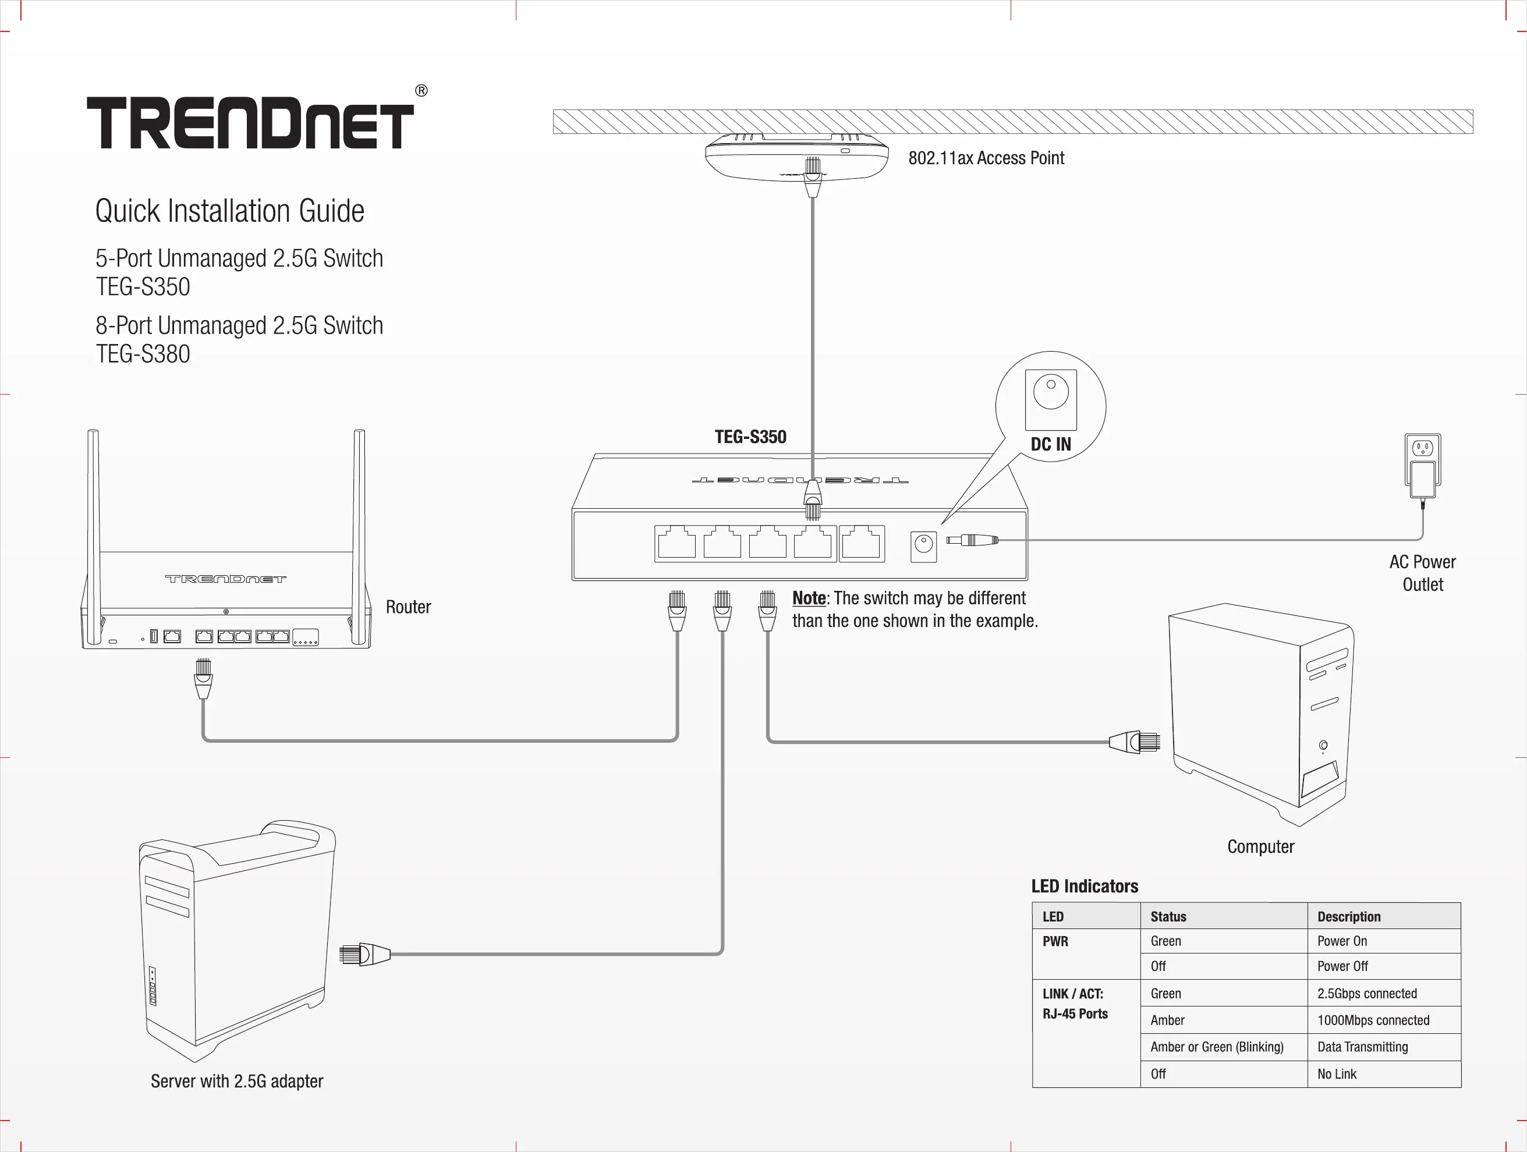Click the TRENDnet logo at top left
tap(250, 123)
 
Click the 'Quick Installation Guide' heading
tap(230, 211)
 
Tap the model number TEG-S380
tap(143, 354)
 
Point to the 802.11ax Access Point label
tap(986, 158)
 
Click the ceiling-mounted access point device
tap(796, 157)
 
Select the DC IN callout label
tap(1051, 445)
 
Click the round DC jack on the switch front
tap(924, 545)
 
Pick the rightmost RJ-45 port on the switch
tap(862, 543)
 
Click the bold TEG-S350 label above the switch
tap(750, 437)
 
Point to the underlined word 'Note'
tap(809, 598)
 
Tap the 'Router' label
tap(408, 607)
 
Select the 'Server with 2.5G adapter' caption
tap(237, 1081)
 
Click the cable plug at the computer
tap(1136, 742)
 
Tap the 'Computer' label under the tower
tap(1260, 847)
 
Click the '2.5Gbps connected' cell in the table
tap(1367, 994)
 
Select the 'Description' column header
tap(1349, 917)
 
